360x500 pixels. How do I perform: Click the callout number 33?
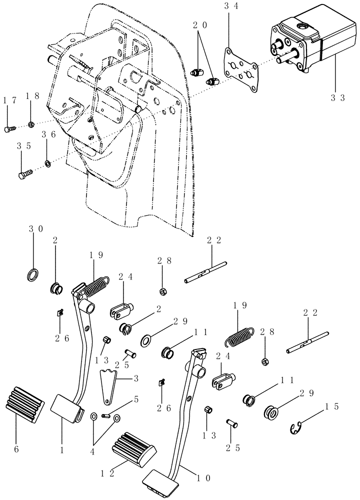[x=337, y=97]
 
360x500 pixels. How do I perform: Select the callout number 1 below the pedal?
[x=62, y=435]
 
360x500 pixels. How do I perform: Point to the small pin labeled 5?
[x=105, y=414]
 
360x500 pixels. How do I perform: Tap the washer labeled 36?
[x=47, y=163]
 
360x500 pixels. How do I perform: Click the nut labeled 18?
[x=31, y=124]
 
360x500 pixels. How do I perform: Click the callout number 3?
[x=135, y=378]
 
